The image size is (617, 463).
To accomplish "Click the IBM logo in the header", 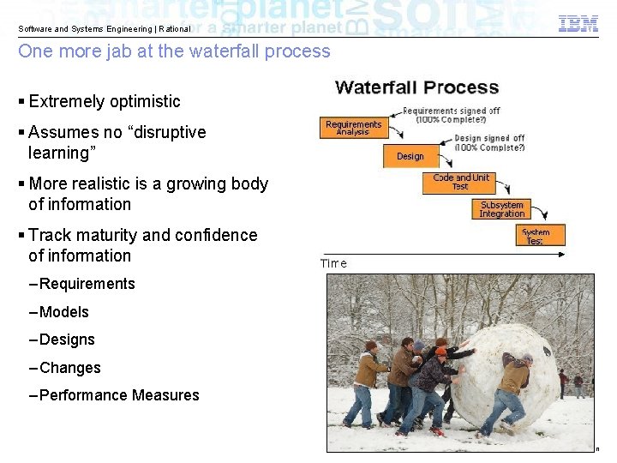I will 578,24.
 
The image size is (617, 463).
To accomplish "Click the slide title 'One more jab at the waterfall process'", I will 174,51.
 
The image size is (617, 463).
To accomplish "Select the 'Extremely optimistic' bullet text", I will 104,101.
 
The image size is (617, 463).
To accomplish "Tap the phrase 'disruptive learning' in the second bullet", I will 117,142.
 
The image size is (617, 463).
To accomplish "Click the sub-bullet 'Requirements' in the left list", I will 87,284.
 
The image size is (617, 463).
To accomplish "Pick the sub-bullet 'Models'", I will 63,312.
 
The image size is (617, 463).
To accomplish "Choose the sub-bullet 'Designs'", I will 67,340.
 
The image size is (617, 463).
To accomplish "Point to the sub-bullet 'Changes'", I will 69,368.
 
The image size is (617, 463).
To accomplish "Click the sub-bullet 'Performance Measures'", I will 119,395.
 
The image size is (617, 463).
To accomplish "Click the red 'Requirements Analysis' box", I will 353,128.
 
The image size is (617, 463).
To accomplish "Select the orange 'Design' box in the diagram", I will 410,156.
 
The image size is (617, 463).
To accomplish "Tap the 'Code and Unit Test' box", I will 460,183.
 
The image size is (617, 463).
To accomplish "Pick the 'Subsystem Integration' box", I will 501,209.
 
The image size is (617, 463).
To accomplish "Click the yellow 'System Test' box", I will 536,236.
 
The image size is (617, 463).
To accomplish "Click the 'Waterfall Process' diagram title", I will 416,87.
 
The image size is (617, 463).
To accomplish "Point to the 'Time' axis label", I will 333,263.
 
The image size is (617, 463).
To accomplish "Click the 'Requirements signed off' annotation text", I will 451,115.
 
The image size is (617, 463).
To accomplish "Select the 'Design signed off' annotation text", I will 489,142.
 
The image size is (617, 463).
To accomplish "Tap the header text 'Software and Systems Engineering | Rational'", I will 104,29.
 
